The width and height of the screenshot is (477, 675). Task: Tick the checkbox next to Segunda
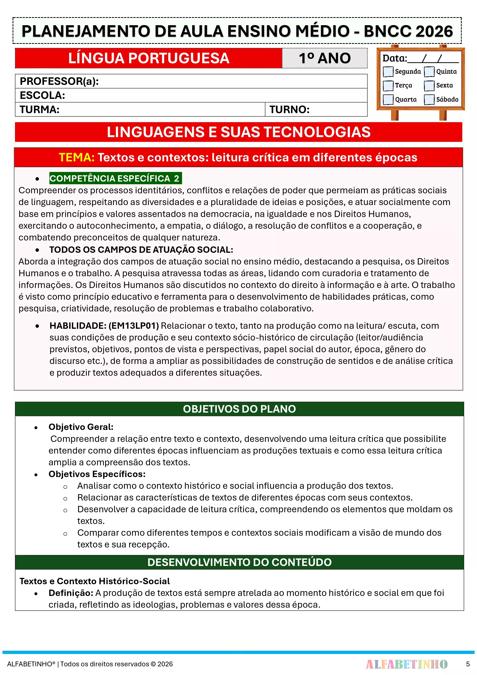388,71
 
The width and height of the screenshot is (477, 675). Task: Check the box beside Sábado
429,99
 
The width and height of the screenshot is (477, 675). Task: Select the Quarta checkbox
388,99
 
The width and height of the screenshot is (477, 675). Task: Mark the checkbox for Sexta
429,86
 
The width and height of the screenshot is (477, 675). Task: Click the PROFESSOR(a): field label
59,81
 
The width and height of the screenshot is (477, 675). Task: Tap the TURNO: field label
290,110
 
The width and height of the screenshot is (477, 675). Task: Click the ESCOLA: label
42,95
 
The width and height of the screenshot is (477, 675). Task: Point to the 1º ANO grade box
325,58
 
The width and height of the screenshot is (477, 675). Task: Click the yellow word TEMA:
76,158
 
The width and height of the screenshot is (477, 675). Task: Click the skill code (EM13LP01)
134,326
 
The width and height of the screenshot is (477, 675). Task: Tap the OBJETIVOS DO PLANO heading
239,409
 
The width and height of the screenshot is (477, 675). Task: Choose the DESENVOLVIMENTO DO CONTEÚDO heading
239,562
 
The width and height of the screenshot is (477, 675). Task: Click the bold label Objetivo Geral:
81,427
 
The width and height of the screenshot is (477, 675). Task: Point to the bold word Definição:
71,593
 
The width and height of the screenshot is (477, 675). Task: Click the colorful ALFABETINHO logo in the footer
406,664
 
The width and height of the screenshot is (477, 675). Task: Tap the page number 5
468,664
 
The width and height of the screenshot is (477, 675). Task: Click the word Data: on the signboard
394,58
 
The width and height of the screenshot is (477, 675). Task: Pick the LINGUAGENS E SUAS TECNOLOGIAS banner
238,132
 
